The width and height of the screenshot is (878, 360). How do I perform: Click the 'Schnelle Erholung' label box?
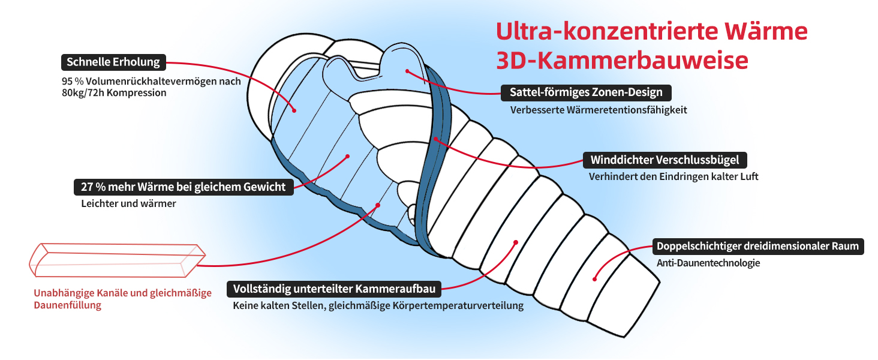[x=113, y=62]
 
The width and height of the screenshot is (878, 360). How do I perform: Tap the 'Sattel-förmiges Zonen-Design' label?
[x=586, y=92]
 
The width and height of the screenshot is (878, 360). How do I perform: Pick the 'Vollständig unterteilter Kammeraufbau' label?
[x=334, y=289]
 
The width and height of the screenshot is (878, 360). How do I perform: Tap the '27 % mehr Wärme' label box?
[x=184, y=187]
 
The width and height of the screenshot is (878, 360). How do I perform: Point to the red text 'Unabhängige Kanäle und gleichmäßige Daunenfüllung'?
[x=123, y=299]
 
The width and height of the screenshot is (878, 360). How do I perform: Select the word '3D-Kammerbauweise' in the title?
[x=622, y=61]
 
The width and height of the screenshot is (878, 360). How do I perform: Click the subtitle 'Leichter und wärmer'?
[x=128, y=203]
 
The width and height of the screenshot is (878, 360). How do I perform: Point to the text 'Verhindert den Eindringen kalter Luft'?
[x=673, y=177]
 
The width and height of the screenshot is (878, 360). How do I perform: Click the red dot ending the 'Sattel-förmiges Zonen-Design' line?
[x=407, y=71]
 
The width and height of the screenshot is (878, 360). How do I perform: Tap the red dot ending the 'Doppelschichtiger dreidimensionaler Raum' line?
[x=594, y=278]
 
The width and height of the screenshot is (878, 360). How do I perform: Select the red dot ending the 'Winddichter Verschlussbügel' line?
[x=436, y=140]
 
